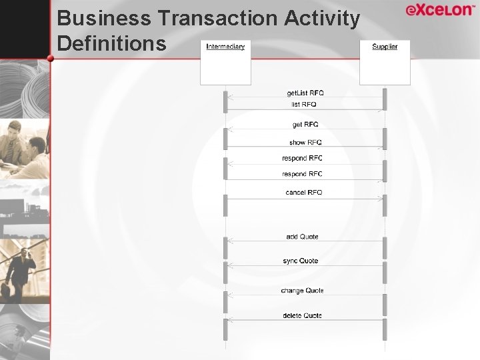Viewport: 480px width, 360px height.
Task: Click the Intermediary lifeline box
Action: pyautogui.click(x=225, y=63)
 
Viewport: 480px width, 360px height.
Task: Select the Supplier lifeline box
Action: pyautogui.click(x=385, y=63)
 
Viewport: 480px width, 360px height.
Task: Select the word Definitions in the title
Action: pyautogui.click(x=111, y=43)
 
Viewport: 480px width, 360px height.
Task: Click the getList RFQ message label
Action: pyautogui.click(x=305, y=93)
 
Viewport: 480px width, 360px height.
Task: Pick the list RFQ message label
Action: pyautogui.click(x=304, y=104)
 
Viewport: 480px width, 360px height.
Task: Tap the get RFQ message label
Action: pyautogui.click(x=305, y=125)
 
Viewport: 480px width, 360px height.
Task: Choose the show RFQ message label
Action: pyautogui.click(x=305, y=143)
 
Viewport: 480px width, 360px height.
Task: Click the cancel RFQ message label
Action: pyautogui.click(x=303, y=192)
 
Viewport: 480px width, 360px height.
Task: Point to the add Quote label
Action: pyautogui.click(x=302, y=237)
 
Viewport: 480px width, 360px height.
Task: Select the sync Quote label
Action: pyautogui.click(x=300, y=261)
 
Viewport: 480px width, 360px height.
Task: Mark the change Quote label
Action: pyautogui.click(x=302, y=291)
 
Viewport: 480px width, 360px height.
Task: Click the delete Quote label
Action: pyautogui.click(x=302, y=315)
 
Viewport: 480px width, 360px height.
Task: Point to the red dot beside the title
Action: pyautogui.click(x=51, y=59)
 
